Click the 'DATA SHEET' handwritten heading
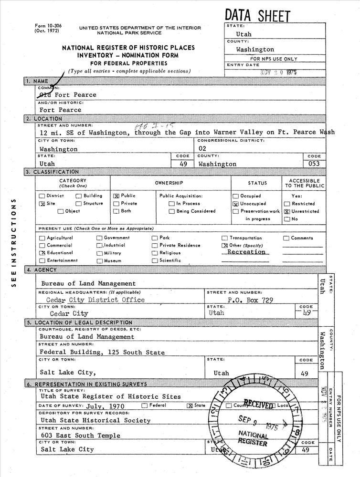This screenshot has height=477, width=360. [257, 15]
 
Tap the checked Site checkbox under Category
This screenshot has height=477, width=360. [42, 204]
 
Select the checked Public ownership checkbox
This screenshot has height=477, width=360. [116, 196]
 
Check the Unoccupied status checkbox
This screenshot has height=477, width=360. [235, 204]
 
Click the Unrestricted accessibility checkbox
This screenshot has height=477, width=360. [287, 211]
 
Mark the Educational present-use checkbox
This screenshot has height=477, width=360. [42, 253]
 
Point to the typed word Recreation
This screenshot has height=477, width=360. [246, 252]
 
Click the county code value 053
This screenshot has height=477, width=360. [314, 164]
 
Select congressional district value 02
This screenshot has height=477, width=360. [202, 149]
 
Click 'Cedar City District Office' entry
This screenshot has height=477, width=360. [95, 300]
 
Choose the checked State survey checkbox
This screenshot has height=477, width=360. [190, 405]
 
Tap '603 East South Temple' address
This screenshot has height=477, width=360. [80, 435]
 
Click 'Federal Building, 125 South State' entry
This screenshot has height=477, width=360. [102, 353]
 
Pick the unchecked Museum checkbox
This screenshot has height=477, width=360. [100, 261]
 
